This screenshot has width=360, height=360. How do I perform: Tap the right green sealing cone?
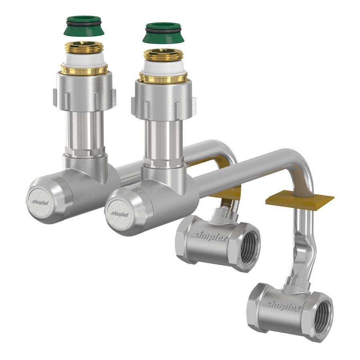click(164, 33)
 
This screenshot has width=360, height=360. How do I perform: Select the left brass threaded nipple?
click(84, 48)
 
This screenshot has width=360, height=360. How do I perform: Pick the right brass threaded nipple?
click(164, 55)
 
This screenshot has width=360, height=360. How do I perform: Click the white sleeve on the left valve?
click(84, 60)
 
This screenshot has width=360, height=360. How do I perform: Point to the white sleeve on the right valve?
click(164, 68)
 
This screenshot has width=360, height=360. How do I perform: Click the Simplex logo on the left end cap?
click(40, 202)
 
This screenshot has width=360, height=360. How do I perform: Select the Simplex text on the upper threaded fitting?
click(210, 236)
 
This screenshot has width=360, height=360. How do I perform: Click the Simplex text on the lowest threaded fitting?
click(282, 305)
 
